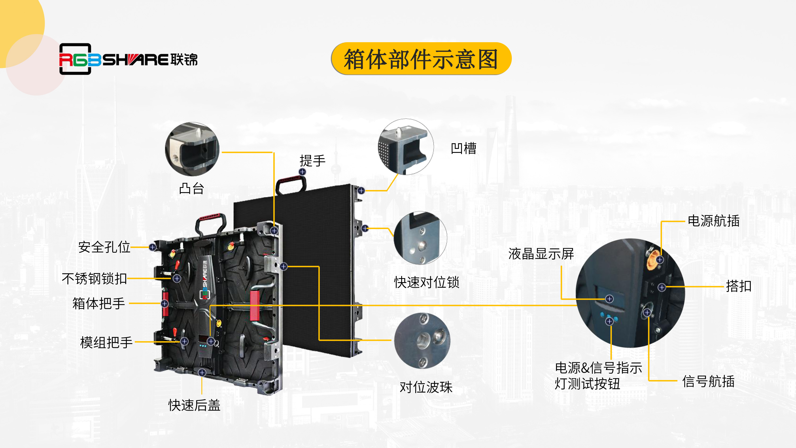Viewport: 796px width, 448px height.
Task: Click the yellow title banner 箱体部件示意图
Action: coord(421,58)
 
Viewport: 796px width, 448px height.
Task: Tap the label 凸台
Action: coord(192,188)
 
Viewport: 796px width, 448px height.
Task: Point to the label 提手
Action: coord(312,161)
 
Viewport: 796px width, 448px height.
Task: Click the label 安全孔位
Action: coord(104,247)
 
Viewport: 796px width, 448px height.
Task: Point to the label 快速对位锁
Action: coord(427,282)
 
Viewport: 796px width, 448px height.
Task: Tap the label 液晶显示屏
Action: coord(541,253)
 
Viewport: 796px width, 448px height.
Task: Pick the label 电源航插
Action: coord(713,221)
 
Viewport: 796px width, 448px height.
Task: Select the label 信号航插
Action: coord(708,381)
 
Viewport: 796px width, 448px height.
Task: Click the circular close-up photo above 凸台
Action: coord(192,149)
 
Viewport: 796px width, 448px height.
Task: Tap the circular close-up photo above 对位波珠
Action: coord(422,341)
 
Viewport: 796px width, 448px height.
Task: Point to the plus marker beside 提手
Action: coord(302,172)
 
